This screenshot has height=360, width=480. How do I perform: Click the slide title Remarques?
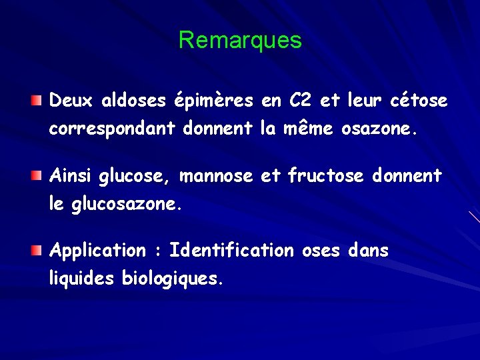click(x=240, y=41)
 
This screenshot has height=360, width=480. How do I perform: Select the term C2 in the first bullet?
click(x=301, y=101)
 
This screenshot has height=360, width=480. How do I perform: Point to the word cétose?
click(x=417, y=101)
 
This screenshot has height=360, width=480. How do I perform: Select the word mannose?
click(x=217, y=177)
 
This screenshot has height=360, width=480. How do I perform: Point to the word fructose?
click(x=325, y=176)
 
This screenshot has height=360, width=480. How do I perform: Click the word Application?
click(x=97, y=251)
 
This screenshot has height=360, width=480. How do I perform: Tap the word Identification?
click(x=231, y=251)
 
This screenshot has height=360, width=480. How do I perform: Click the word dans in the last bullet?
click(x=368, y=251)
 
